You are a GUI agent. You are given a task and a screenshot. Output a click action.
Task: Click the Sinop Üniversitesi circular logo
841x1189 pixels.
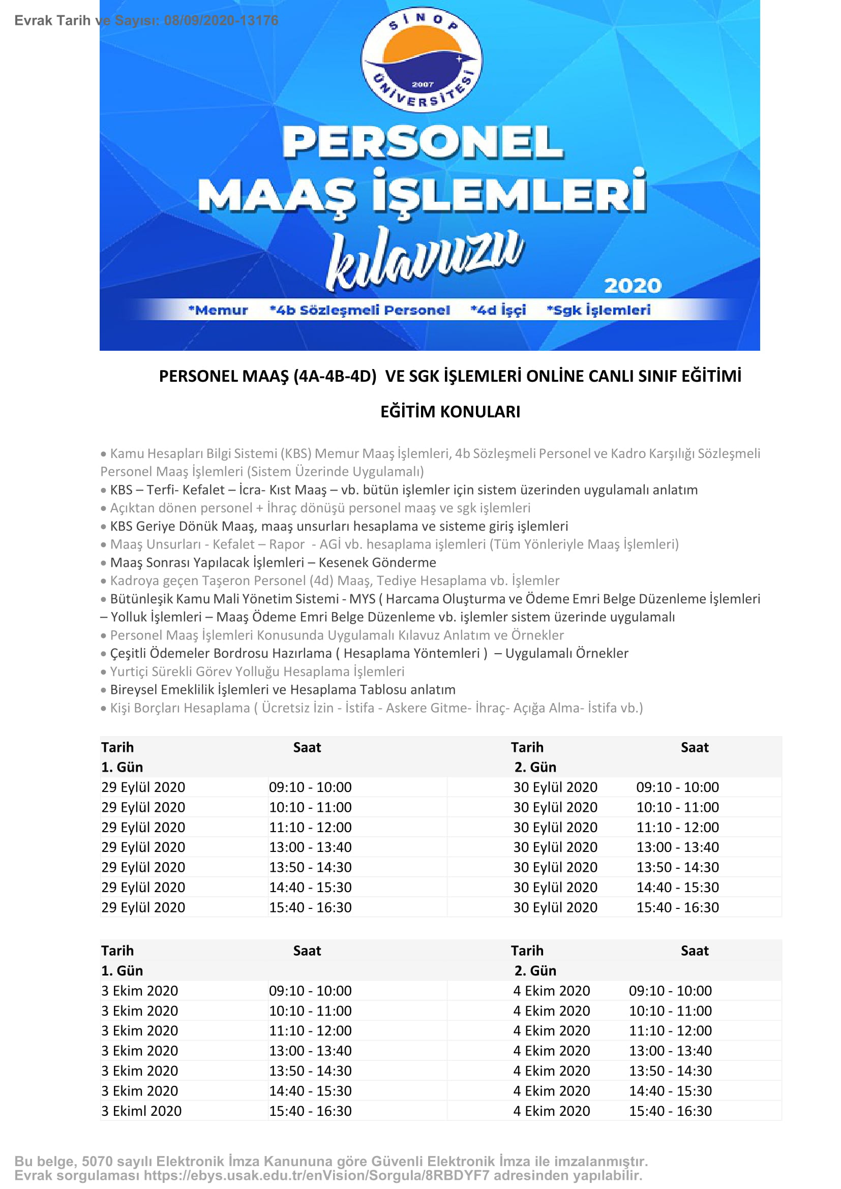tap(422, 59)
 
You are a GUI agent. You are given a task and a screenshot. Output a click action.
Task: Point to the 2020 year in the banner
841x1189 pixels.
tap(633, 286)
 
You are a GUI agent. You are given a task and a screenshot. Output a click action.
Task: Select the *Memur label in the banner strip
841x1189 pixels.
tap(218, 310)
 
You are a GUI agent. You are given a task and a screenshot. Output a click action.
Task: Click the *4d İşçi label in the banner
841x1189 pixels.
tap(498, 310)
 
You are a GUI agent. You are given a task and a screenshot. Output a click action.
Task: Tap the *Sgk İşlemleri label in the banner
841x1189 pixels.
tap(598, 310)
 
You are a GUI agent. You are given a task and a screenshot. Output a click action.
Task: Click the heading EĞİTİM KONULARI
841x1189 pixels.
tap(450, 412)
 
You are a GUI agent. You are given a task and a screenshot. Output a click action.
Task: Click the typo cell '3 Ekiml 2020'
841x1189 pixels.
tap(141, 1111)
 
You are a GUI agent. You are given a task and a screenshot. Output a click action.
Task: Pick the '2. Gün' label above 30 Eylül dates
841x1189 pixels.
tap(535, 767)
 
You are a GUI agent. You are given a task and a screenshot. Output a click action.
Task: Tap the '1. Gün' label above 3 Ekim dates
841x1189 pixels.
tap(122, 970)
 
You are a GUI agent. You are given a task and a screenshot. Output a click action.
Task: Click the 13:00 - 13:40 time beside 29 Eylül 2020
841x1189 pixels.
tap(310, 847)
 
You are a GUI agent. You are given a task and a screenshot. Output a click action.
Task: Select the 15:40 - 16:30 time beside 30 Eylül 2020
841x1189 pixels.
tap(677, 907)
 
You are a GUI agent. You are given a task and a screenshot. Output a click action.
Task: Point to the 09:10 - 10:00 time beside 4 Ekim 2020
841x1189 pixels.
tap(670, 991)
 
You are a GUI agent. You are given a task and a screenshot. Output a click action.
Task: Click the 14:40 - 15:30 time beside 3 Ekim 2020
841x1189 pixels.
tap(310, 1090)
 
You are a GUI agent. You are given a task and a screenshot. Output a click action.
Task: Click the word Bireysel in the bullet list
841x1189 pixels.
tap(134, 690)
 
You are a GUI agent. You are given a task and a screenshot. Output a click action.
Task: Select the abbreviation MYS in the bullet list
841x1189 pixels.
tap(362, 599)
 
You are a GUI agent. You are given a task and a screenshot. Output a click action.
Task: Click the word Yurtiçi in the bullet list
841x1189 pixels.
tap(131, 672)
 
